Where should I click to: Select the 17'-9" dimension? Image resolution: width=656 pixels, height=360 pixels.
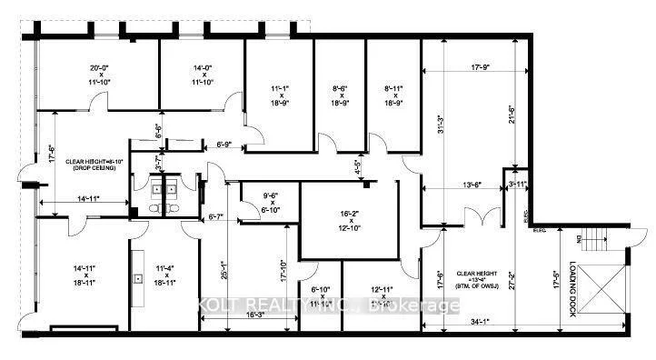tap(468, 66)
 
